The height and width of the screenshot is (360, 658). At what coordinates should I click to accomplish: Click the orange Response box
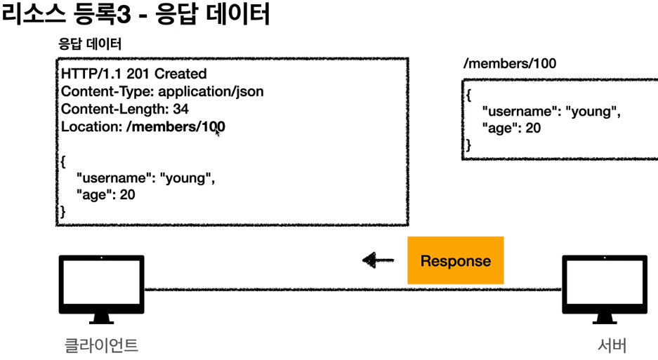point(456,260)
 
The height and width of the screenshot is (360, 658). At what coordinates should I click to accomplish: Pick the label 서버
point(611,345)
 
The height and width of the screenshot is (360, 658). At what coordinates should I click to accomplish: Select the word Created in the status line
point(180,74)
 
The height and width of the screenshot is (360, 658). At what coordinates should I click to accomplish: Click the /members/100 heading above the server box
point(510,64)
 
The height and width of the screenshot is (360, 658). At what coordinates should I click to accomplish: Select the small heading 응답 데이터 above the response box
point(89,44)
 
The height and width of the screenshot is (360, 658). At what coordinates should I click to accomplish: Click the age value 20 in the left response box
point(127,194)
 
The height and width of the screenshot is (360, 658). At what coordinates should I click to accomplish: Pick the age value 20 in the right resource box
point(533,128)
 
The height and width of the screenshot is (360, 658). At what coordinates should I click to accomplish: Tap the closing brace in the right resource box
point(469,145)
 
